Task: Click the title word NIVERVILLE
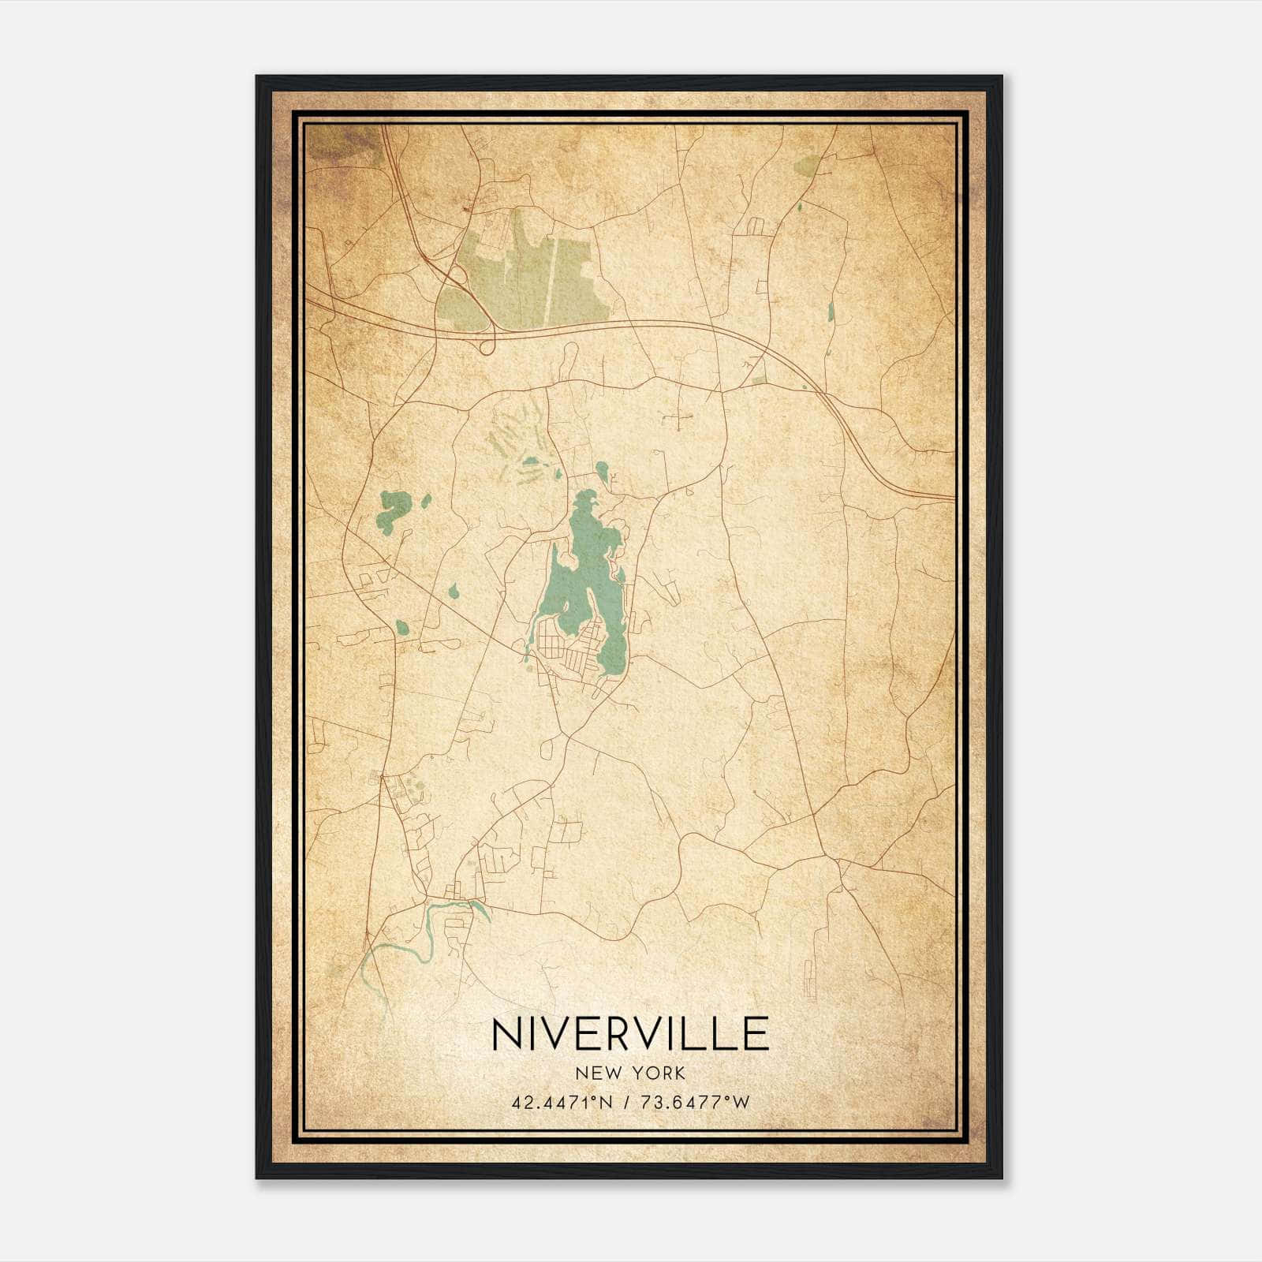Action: tap(630, 1034)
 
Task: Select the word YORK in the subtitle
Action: tap(660, 1073)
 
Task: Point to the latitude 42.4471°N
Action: tap(562, 1103)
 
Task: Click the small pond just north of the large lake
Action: tap(602, 471)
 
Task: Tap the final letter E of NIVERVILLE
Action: tap(756, 1034)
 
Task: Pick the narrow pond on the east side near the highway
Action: tap(831, 311)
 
